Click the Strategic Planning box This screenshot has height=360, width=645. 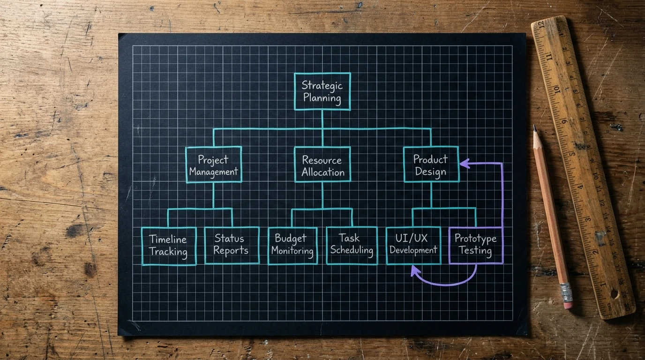click(x=322, y=91)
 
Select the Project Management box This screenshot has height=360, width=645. click(x=214, y=165)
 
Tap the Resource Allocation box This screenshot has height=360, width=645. click(x=322, y=165)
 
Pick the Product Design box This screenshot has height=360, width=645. click(x=431, y=165)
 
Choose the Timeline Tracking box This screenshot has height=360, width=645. click(x=169, y=246)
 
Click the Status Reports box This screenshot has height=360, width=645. click(x=232, y=245)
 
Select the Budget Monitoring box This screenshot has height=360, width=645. click(x=292, y=246)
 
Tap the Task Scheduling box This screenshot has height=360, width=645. click(x=352, y=245)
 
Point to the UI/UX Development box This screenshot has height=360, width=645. click(x=413, y=245)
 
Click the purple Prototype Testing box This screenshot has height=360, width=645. click(x=476, y=245)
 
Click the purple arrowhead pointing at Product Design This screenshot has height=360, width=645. click(x=465, y=164)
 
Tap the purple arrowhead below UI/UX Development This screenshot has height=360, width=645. click(x=415, y=271)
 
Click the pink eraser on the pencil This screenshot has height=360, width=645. click(x=568, y=305)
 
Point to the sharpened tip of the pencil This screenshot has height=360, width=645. click(x=534, y=126)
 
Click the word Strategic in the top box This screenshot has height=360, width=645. click(x=322, y=85)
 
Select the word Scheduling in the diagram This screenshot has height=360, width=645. click(x=352, y=250)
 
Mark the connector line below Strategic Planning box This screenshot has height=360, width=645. click(x=322, y=119)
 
